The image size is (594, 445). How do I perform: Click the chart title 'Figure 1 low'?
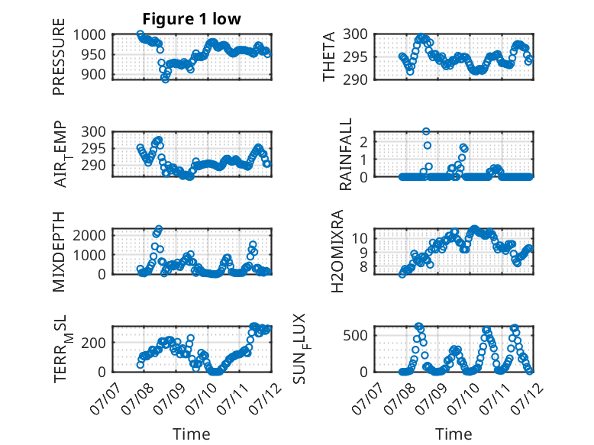click(192, 19)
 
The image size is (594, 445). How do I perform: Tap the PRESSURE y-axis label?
click(59, 56)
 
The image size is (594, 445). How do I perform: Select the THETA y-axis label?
click(329, 56)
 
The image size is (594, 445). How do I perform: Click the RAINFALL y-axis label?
click(346, 154)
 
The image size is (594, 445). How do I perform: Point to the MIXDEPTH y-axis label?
click(59, 252)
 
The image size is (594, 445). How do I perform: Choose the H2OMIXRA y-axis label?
click(337, 251)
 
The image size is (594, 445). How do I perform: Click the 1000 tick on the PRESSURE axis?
click(89, 35)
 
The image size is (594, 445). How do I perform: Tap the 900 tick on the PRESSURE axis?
click(94, 75)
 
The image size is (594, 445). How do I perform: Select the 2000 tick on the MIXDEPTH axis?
click(89, 235)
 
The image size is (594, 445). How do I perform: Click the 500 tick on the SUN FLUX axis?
click(355, 336)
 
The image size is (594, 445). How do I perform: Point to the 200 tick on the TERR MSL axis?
click(94, 343)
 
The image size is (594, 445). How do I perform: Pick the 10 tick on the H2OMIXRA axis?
click(360, 238)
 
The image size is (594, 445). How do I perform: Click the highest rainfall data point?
click(426, 131)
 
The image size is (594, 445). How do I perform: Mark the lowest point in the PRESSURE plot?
click(165, 79)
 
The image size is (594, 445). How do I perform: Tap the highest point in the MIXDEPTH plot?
click(159, 229)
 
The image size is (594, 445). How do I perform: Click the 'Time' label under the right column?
click(454, 434)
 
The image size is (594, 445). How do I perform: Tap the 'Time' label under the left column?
click(192, 434)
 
